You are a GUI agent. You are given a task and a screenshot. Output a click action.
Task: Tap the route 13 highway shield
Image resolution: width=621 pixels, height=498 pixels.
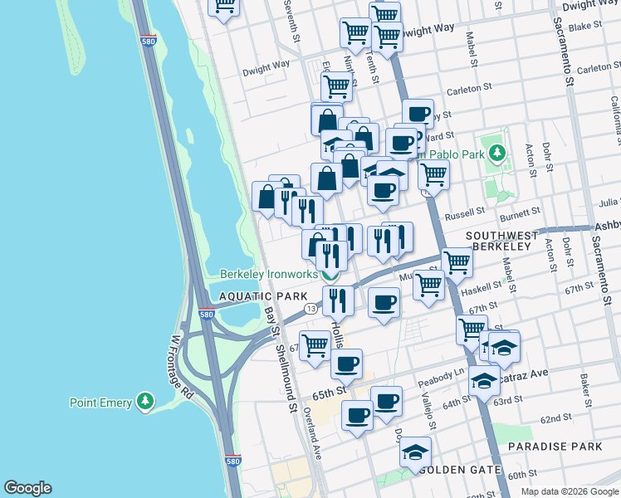coord(310,309)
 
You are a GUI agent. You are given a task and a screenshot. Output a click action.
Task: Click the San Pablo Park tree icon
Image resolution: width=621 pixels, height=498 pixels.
coord(497,153)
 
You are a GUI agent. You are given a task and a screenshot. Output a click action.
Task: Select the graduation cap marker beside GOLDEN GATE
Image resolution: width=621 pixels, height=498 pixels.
coord(415,452)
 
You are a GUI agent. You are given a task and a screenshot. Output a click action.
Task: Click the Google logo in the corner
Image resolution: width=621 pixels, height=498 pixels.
coord(27,488)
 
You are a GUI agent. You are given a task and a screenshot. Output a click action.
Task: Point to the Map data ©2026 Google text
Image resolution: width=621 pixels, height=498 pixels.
coord(569,491)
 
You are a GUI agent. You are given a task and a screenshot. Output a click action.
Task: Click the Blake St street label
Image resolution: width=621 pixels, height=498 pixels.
coord(584,27)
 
